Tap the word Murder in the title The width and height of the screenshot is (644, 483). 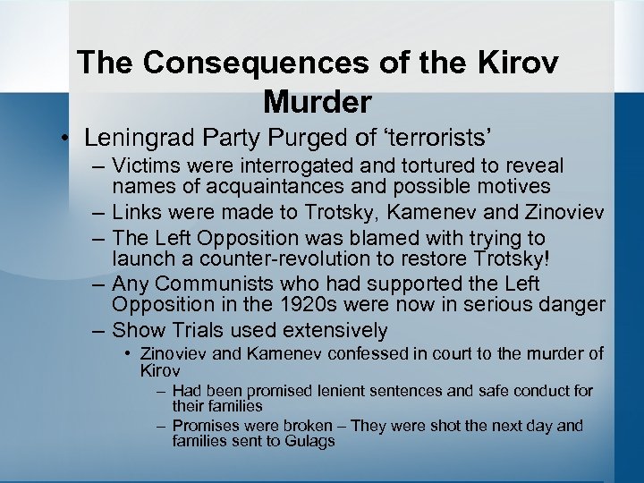coord(317,102)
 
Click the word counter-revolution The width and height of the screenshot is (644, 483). coord(293,259)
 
